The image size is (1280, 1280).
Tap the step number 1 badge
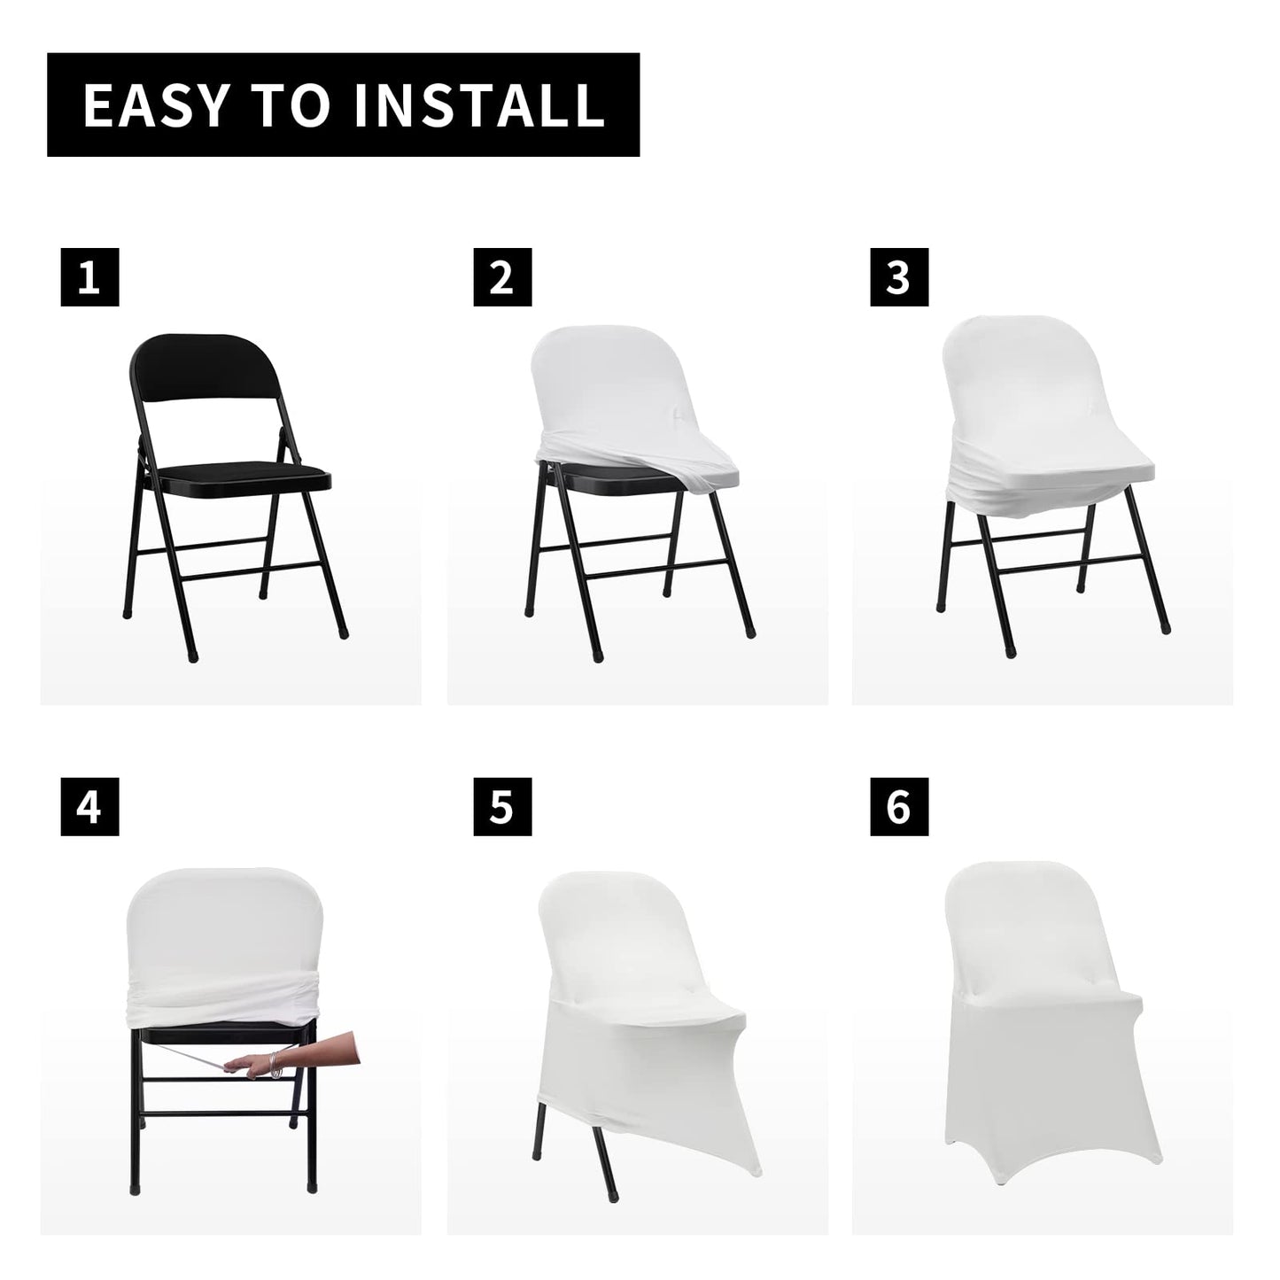(x=89, y=277)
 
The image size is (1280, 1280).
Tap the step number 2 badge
(x=501, y=277)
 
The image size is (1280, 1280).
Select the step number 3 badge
(x=898, y=277)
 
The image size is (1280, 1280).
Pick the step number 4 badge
(x=89, y=807)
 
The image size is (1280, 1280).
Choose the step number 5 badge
(x=501, y=807)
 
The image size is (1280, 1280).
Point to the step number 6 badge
(x=898, y=807)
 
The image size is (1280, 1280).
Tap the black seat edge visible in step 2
(x=602, y=485)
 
